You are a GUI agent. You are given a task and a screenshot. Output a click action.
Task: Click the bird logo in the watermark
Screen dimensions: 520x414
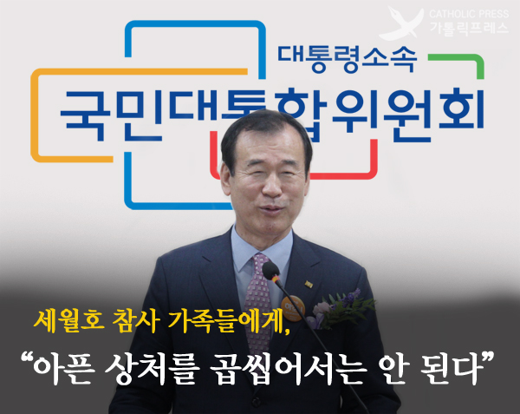[x=402, y=23]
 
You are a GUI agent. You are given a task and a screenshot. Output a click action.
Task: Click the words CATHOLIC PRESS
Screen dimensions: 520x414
[x=469, y=14]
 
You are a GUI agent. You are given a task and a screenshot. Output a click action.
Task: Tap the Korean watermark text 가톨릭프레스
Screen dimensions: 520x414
[x=469, y=28]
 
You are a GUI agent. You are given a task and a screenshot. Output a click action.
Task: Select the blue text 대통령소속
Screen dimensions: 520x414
[x=347, y=59]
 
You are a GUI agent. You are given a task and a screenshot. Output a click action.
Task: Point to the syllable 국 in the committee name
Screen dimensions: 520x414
[x=86, y=115]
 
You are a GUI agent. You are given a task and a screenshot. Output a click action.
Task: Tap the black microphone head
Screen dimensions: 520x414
[x=271, y=271]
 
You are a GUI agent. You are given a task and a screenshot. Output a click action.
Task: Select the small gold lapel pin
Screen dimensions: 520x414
[x=309, y=284]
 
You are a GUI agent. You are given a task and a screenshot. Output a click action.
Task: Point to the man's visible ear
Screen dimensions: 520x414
[x=226, y=180]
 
